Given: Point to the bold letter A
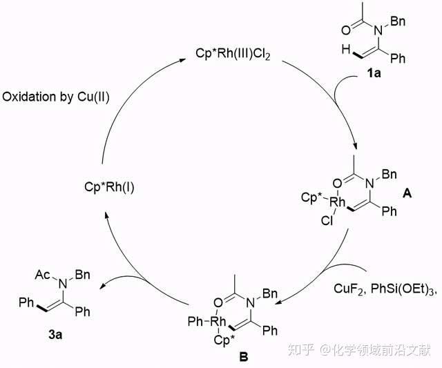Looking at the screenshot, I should (x=407, y=195).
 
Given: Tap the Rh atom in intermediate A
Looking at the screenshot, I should (x=338, y=202).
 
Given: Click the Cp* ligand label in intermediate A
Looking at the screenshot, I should (x=311, y=198).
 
